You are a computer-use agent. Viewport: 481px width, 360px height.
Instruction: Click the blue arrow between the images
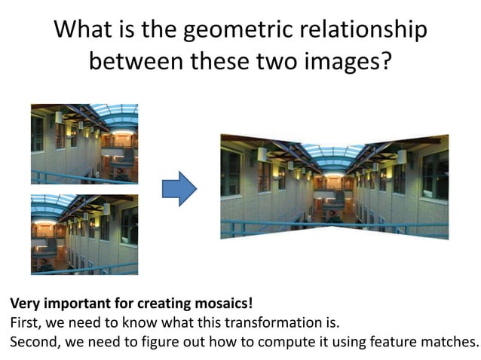click(179, 189)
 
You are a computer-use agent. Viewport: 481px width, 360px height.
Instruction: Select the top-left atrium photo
click(84, 143)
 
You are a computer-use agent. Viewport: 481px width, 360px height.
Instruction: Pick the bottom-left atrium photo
click(84, 233)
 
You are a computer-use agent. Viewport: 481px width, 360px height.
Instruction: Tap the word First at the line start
click(24, 323)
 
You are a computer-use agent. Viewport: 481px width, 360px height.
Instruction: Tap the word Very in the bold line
click(24, 304)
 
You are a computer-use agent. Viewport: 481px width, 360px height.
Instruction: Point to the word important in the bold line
click(74, 304)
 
